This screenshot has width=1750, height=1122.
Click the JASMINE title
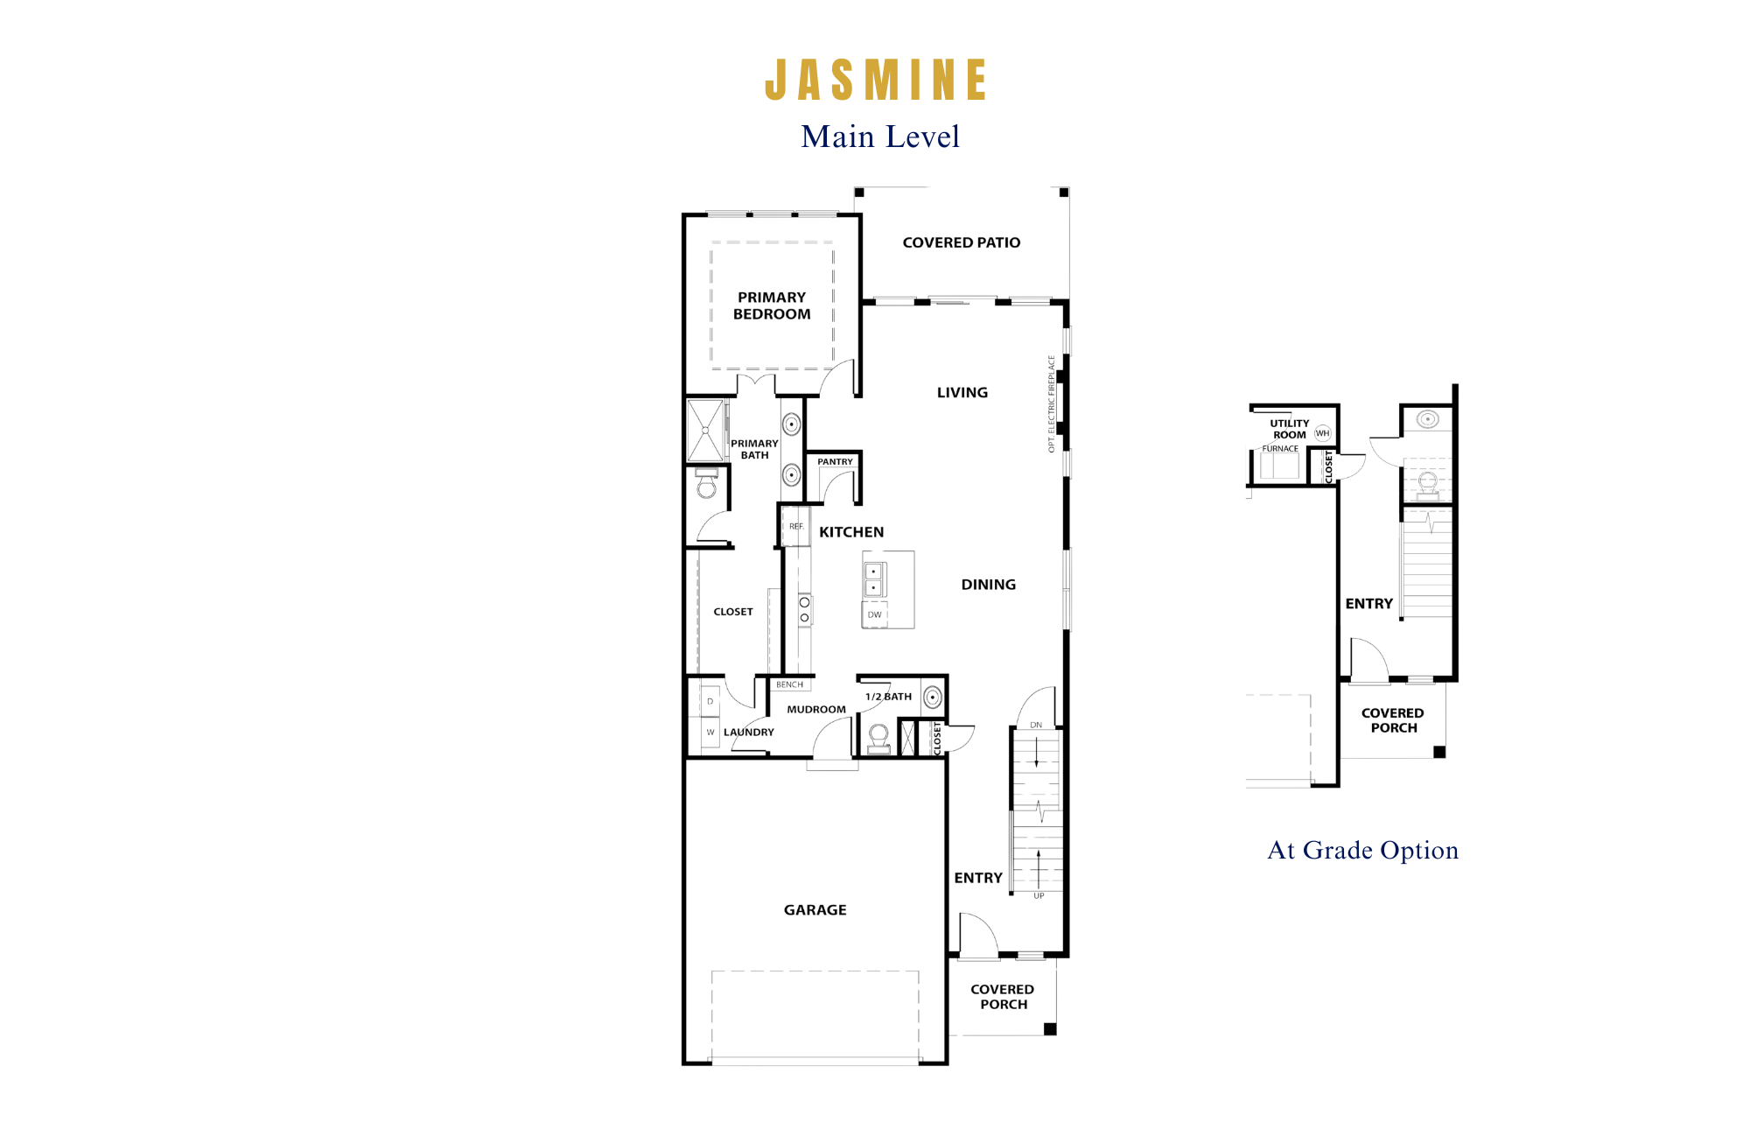pyautogui.click(x=876, y=80)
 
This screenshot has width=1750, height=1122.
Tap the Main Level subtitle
pyautogui.click(x=880, y=137)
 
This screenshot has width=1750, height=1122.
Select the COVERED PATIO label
pyautogui.click(x=962, y=242)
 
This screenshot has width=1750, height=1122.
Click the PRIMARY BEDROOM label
pyautogui.click(x=772, y=305)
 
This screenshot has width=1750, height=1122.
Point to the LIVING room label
pyautogui.click(x=962, y=393)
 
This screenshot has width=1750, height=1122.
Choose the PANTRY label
pyautogui.click(x=835, y=462)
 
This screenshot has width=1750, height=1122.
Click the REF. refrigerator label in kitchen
pyautogui.click(x=796, y=526)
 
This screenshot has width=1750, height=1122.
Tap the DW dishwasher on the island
pyautogui.click(x=875, y=614)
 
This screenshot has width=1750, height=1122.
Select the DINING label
pyautogui.click(x=989, y=585)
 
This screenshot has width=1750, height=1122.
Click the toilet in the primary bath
pyautogui.click(x=706, y=483)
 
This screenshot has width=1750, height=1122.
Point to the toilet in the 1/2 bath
pyautogui.click(x=879, y=739)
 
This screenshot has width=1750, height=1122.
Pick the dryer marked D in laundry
pyautogui.click(x=710, y=702)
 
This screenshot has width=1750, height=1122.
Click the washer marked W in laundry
pyautogui.click(x=710, y=733)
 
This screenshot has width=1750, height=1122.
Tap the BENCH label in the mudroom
pyautogui.click(x=789, y=685)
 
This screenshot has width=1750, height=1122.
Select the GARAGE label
pyautogui.click(x=815, y=910)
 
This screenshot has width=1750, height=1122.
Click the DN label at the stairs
pyautogui.click(x=1036, y=725)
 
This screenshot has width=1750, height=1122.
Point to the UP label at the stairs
pyautogui.click(x=1039, y=896)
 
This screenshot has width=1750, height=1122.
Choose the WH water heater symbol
pyautogui.click(x=1322, y=433)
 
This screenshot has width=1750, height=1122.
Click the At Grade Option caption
pyautogui.click(x=1363, y=851)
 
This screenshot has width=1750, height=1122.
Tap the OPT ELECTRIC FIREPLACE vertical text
pyautogui.click(x=1052, y=403)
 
